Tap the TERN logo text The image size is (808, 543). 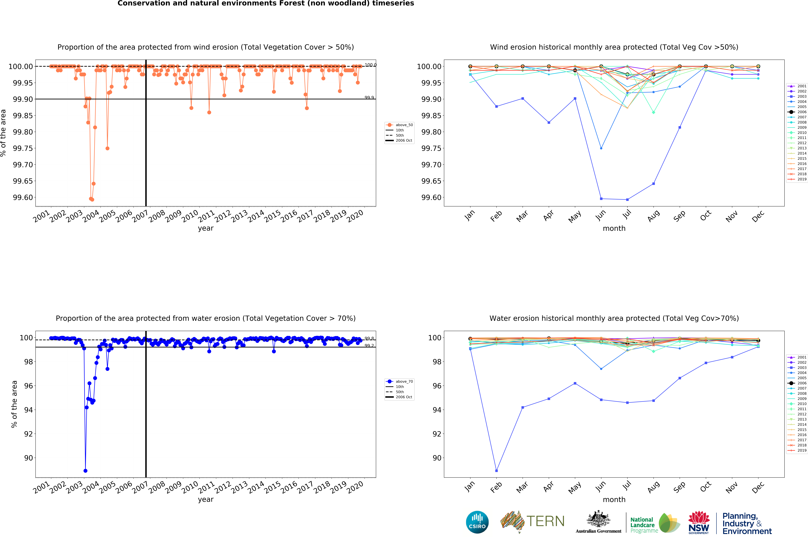click(x=545, y=521)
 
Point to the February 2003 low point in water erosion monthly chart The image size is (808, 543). click(x=496, y=471)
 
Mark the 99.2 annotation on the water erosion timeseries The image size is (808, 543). click(x=369, y=346)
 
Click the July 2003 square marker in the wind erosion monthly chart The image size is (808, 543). click(x=627, y=199)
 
